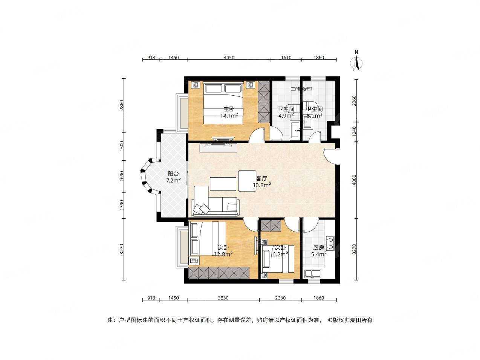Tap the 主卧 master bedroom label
[229, 109]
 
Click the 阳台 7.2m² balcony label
[173, 177]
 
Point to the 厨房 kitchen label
[318, 248]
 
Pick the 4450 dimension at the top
[229, 58]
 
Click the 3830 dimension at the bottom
[223, 298]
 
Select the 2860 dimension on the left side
[121, 105]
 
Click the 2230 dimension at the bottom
[280, 298]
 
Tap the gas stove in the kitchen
[330, 243]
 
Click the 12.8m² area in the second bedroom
[223, 254]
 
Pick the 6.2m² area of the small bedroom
[281, 254]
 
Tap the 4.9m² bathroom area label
[286, 116]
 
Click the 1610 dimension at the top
[286, 58]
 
